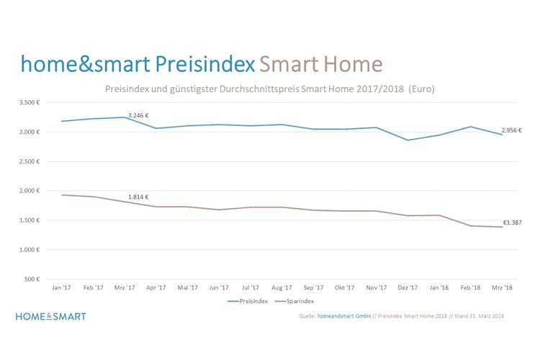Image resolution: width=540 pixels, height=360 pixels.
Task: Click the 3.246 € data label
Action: point(138,115)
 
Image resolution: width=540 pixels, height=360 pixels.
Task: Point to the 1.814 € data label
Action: point(138,197)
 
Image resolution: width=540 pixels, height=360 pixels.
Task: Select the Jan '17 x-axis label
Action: point(61,287)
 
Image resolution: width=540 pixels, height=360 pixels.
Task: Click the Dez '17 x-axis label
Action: point(408,287)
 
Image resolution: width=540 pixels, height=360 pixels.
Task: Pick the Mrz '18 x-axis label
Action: point(501,287)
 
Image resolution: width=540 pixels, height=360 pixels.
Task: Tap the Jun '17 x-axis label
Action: point(219,287)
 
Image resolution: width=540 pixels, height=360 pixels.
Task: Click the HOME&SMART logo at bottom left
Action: point(50,316)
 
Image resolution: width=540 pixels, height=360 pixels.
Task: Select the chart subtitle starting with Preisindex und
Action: point(270,89)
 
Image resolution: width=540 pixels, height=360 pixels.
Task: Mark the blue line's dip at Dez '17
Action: point(408,140)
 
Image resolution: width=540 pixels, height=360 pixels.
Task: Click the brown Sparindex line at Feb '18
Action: point(470,225)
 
